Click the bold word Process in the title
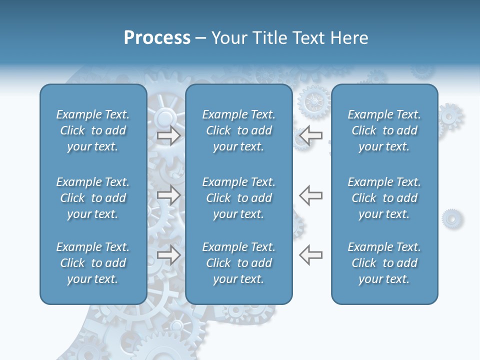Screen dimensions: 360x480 (157, 38)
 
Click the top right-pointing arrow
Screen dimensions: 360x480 (169, 135)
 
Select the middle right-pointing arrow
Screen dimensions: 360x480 (169, 195)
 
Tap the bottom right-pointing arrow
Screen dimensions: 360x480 (169, 255)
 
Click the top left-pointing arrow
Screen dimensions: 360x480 (310, 135)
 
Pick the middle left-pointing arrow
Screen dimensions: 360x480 (310, 195)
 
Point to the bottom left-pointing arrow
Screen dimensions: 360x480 (310, 255)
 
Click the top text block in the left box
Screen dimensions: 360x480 (93, 130)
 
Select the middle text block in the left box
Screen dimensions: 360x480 (93, 198)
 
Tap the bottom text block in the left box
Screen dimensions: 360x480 (93, 263)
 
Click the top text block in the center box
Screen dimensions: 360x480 (238, 130)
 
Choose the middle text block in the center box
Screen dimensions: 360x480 (238, 198)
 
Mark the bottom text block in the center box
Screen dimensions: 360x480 (238, 263)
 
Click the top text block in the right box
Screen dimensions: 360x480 (384, 130)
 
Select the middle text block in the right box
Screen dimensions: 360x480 (384, 198)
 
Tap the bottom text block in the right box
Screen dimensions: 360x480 (384, 263)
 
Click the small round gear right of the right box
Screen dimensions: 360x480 (452, 218)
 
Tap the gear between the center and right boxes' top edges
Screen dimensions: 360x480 (313, 101)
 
